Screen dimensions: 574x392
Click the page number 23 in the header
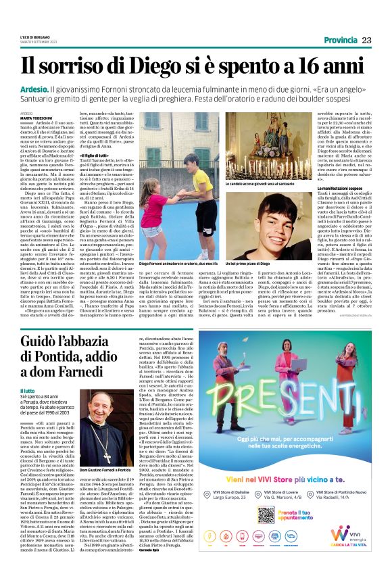click(x=366, y=40)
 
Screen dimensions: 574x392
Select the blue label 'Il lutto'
click(x=27, y=391)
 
